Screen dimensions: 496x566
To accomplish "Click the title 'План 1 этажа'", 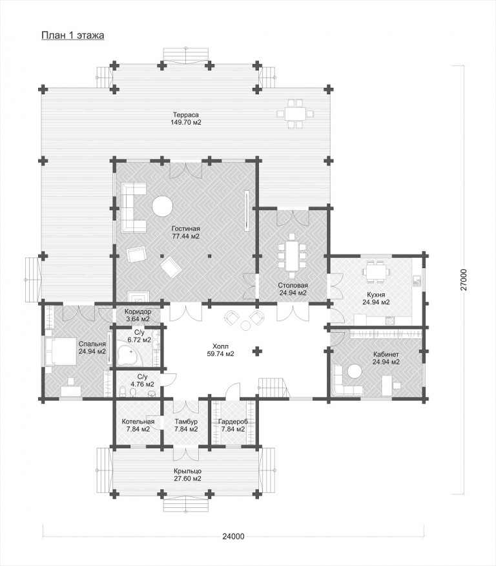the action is [73, 36].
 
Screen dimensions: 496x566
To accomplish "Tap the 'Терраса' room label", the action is [185, 115].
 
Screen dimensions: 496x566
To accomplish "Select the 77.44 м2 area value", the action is [185, 236].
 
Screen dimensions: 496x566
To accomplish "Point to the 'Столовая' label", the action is [293, 285].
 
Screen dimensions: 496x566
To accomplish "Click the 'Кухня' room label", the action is [376, 295].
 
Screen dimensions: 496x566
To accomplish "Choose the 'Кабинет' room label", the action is [386, 354].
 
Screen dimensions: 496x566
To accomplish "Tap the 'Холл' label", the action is [220, 346].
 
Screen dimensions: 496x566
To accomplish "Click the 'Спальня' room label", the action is [92, 344].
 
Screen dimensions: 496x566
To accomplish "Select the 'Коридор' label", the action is [138, 311].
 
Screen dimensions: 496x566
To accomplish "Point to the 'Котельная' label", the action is [138, 422].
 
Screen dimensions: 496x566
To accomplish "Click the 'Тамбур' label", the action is [186, 422].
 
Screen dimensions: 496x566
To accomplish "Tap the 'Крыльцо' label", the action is [187, 471].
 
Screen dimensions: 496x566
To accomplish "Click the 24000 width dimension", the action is [233, 536].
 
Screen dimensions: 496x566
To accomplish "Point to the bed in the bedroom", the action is [61, 351].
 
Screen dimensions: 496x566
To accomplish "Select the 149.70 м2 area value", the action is [186, 122].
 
